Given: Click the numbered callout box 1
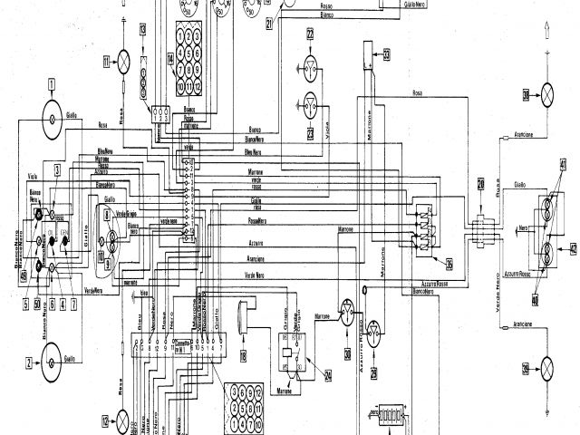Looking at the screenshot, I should coord(53,88).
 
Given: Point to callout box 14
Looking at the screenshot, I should coord(169,60).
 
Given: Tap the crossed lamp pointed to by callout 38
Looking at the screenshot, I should coord(547,92).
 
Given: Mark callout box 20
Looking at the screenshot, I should coord(480,185).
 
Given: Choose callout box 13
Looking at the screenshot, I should coord(142,32).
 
